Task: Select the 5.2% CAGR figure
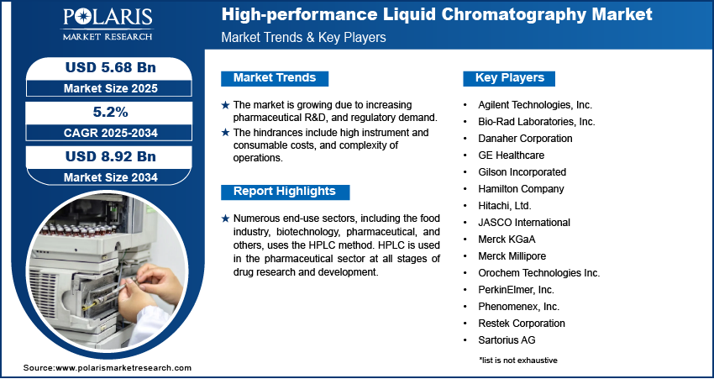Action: (x=103, y=111)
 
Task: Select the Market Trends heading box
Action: (x=275, y=78)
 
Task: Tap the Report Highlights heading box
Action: (x=285, y=191)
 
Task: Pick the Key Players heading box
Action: (x=510, y=78)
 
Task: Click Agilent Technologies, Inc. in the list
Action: (x=535, y=105)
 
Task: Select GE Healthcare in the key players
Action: (x=511, y=155)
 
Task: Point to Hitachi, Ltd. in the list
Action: (x=505, y=206)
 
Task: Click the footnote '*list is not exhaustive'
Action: (x=518, y=360)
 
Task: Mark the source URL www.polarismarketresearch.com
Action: (x=123, y=368)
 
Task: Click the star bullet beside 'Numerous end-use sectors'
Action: (x=225, y=218)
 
